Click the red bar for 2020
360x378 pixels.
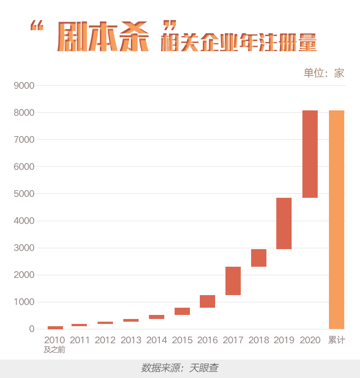click(310, 154)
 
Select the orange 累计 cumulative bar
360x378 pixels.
click(337, 219)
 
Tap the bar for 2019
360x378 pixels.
click(284, 223)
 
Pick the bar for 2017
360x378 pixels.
click(233, 281)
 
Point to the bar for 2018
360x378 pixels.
click(259, 258)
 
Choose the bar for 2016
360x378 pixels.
click(207, 301)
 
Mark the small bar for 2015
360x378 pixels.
click(182, 311)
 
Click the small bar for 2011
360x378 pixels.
click(79, 325)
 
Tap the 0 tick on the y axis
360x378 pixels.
click(31, 329)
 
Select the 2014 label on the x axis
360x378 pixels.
click(157, 340)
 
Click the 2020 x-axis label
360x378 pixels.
click(310, 340)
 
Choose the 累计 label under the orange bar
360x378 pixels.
click(337, 340)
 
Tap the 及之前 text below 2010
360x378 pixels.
click(54, 350)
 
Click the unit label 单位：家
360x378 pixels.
click(324, 73)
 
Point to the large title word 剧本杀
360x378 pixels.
click(103, 36)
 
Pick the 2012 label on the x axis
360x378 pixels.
click(105, 340)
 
